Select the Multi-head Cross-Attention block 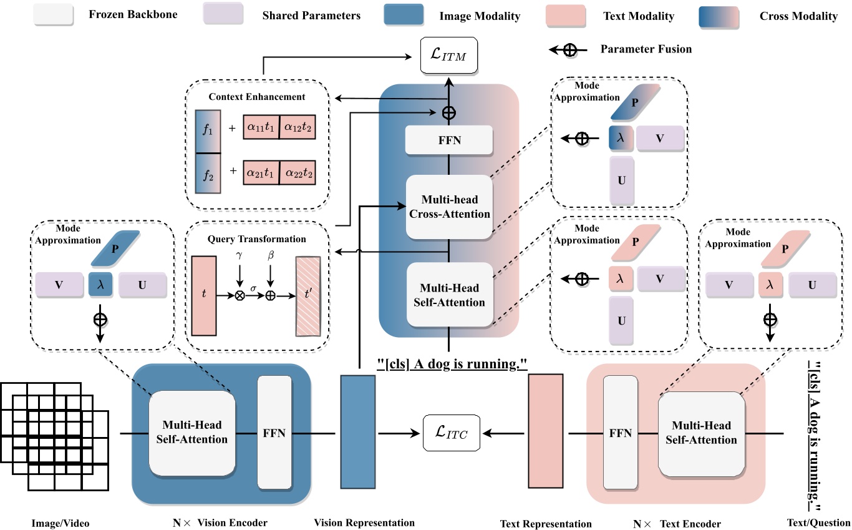(449, 207)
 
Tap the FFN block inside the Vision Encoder (274, 432)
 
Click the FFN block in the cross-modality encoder (449, 140)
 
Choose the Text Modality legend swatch (564, 15)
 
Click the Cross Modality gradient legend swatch (719, 16)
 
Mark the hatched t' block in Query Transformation (308, 297)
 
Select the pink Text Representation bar (546, 431)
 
